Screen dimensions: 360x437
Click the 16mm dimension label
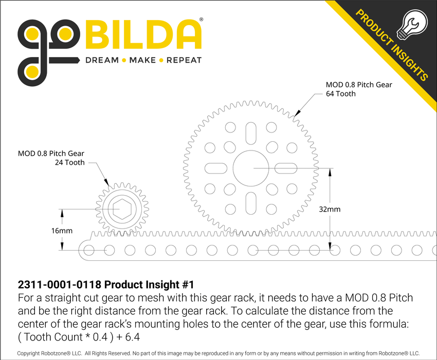(x=62, y=231)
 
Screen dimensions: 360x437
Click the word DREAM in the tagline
(x=101, y=60)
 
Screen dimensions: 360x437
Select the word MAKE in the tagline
(x=142, y=60)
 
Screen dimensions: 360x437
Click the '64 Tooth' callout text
(x=341, y=94)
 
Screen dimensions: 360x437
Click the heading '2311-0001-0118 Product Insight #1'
(x=106, y=285)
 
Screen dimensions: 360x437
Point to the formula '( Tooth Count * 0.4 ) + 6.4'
(x=79, y=337)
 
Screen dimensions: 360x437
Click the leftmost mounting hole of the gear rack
(x=88, y=250)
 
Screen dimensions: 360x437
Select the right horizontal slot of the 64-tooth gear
(x=287, y=168)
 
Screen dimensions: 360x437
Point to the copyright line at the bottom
(x=218, y=353)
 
